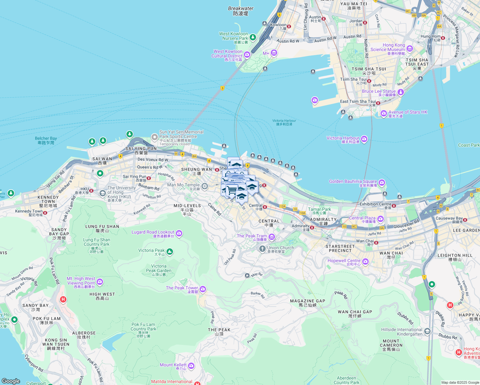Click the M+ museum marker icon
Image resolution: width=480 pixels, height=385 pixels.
pos(274,53)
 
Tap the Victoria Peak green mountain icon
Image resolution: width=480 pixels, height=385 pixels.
pos(170,252)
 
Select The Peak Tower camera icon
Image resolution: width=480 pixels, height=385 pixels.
pos(202,289)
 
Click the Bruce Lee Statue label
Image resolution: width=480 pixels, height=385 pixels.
pos(379,91)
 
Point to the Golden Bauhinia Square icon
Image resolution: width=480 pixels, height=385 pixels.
pos(381,183)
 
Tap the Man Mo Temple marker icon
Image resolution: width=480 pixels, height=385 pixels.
pos(204,186)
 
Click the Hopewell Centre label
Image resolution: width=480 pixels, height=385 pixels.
pos(344,261)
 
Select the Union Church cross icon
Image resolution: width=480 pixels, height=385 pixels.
pos(262,249)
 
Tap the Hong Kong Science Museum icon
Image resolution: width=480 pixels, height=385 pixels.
pos(409,49)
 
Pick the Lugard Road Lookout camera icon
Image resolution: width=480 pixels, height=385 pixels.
pos(179,233)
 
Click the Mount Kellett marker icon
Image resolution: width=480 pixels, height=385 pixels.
pos(191,366)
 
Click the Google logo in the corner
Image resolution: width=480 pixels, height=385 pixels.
pos(11,381)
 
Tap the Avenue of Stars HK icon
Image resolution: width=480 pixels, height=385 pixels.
pos(383,113)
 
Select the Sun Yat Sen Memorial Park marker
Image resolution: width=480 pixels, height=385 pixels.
pos(155,137)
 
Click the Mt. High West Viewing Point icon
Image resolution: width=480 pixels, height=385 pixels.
pos(100,282)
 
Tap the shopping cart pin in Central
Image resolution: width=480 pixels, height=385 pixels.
pos(232,191)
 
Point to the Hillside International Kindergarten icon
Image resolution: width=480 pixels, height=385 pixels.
pos(427,331)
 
